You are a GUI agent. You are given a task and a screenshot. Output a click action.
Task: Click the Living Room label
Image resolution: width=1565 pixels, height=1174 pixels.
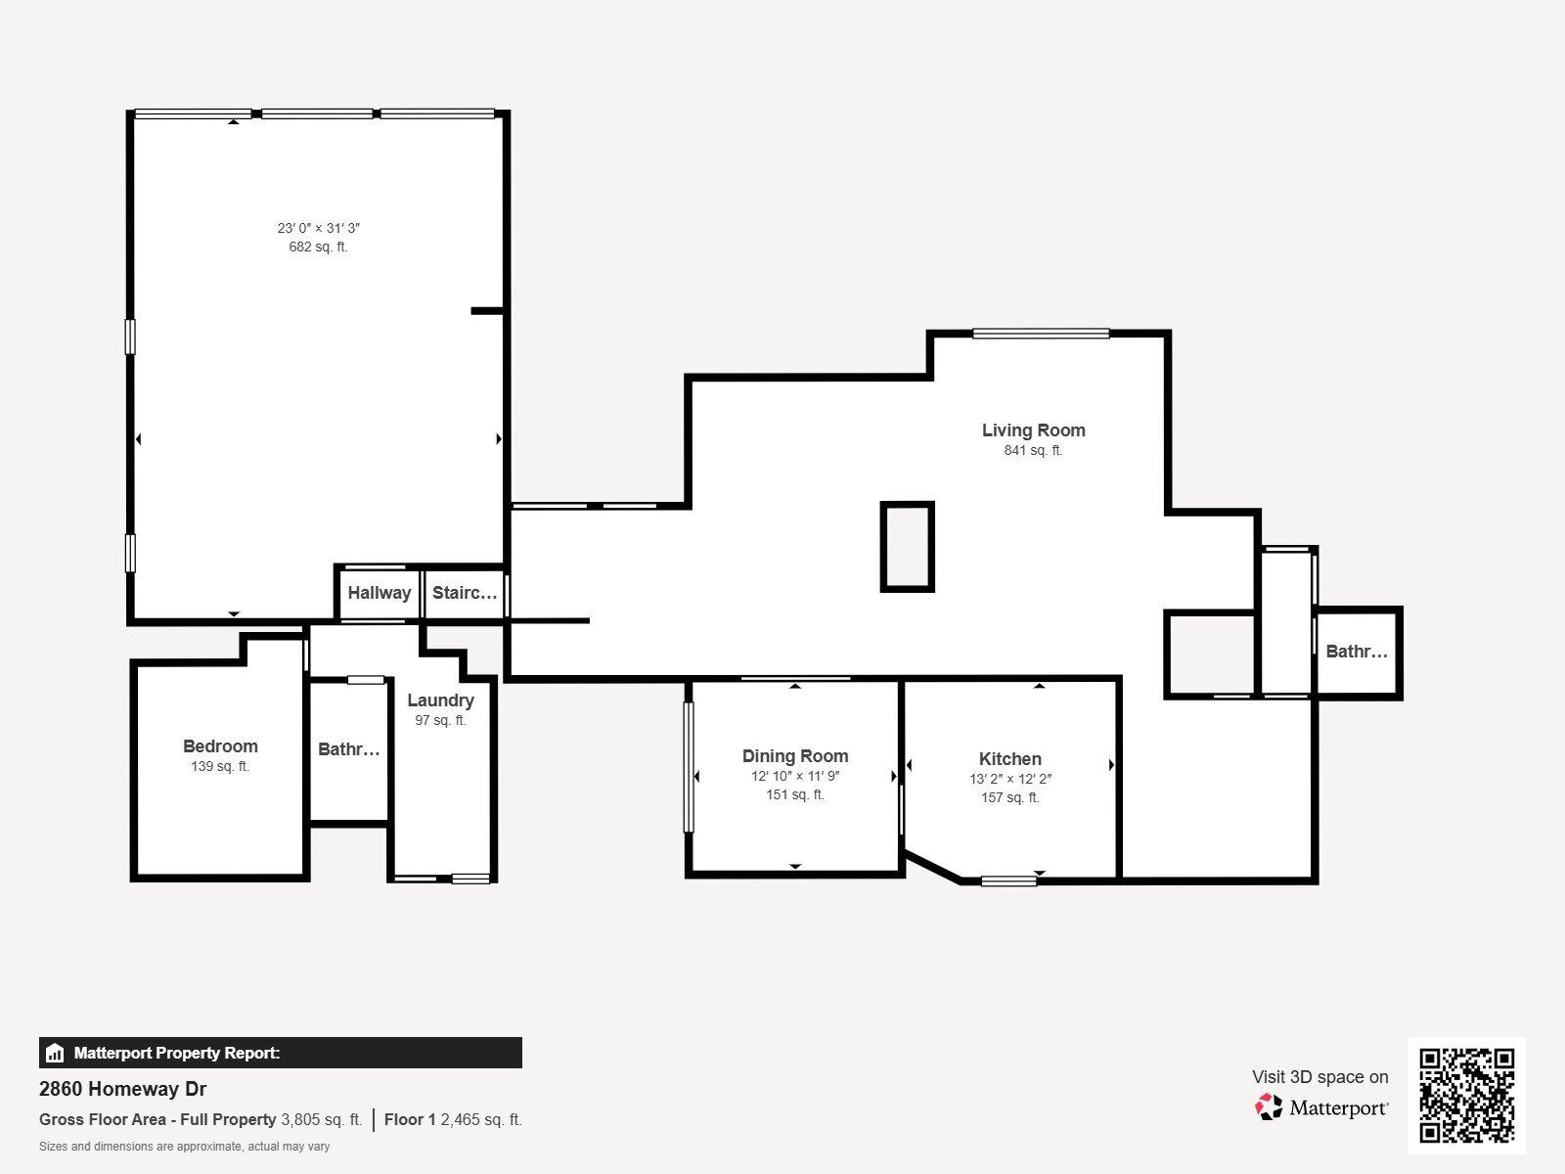pos(1033,430)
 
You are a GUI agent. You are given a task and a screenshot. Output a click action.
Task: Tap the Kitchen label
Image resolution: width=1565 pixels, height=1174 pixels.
pos(1009,759)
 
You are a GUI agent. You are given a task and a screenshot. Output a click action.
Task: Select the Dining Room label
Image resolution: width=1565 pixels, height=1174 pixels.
pos(794,756)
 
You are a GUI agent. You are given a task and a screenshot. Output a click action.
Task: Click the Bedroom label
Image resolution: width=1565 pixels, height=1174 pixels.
pos(220,746)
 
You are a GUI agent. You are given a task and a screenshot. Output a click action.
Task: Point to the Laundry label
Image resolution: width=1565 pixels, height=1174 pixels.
pos(440,700)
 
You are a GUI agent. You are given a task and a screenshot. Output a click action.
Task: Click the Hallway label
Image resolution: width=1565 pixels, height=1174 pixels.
pos(379,593)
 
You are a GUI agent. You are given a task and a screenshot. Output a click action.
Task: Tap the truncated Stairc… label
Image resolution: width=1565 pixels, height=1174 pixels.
pos(465,593)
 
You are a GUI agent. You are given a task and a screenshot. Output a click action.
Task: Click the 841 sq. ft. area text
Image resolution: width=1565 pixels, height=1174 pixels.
pos(1033,451)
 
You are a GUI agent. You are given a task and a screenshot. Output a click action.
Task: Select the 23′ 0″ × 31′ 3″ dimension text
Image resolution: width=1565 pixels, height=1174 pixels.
pos(318,228)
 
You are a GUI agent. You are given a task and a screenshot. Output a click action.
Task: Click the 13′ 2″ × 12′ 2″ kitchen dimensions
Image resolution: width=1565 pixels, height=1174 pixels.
pos(1009,780)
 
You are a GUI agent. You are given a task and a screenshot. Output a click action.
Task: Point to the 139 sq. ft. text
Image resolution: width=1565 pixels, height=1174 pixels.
pos(220,767)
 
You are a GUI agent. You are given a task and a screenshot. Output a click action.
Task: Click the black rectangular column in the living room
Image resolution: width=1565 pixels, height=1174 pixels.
pos(908,547)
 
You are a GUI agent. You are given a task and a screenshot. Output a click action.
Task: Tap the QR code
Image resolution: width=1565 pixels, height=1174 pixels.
pos(1466,1095)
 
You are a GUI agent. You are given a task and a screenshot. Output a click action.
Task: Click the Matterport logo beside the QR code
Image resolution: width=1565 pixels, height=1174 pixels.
pos(1321,1107)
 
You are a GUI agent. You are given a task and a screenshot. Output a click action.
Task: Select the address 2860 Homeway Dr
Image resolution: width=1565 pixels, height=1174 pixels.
pos(122,1089)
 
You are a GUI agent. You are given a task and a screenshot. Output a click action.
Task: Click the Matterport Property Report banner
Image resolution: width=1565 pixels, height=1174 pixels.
pos(280,1054)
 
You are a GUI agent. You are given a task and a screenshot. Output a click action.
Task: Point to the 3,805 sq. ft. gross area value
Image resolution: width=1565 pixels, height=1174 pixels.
pos(321,1120)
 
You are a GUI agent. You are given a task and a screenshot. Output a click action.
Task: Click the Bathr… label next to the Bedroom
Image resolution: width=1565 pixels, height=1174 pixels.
pos(348,750)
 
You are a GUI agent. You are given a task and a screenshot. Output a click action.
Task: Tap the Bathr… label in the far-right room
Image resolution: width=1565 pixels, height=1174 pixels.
pos(1356,652)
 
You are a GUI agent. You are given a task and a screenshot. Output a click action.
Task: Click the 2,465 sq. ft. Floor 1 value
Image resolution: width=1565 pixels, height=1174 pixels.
pos(481,1120)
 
